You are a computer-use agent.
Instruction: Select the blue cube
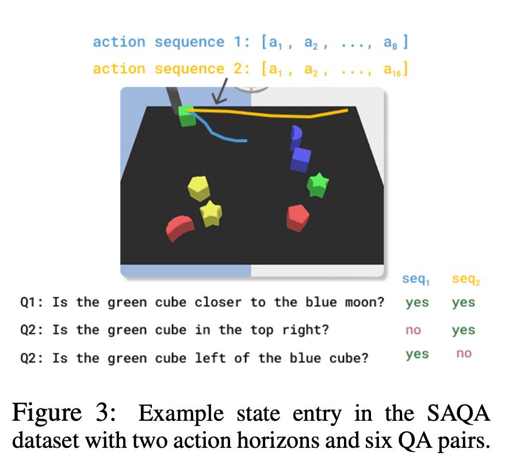click(x=301, y=159)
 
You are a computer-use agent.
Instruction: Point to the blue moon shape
click(x=296, y=136)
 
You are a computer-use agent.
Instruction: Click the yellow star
click(x=211, y=214)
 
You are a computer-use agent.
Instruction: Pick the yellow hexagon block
click(x=198, y=188)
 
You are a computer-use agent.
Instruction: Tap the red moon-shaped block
click(x=179, y=228)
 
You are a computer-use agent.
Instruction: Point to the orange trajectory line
click(x=270, y=114)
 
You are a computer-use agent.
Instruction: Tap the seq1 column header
click(x=415, y=280)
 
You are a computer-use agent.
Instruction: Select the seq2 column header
click(x=465, y=280)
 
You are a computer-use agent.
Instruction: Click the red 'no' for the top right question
click(x=413, y=330)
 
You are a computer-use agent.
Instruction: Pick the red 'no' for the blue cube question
click(x=464, y=354)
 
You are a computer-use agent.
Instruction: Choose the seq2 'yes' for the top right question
click(x=464, y=330)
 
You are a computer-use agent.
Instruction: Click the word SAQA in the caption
click(x=460, y=414)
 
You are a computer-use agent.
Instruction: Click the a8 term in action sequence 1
click(x=393, y=43)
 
